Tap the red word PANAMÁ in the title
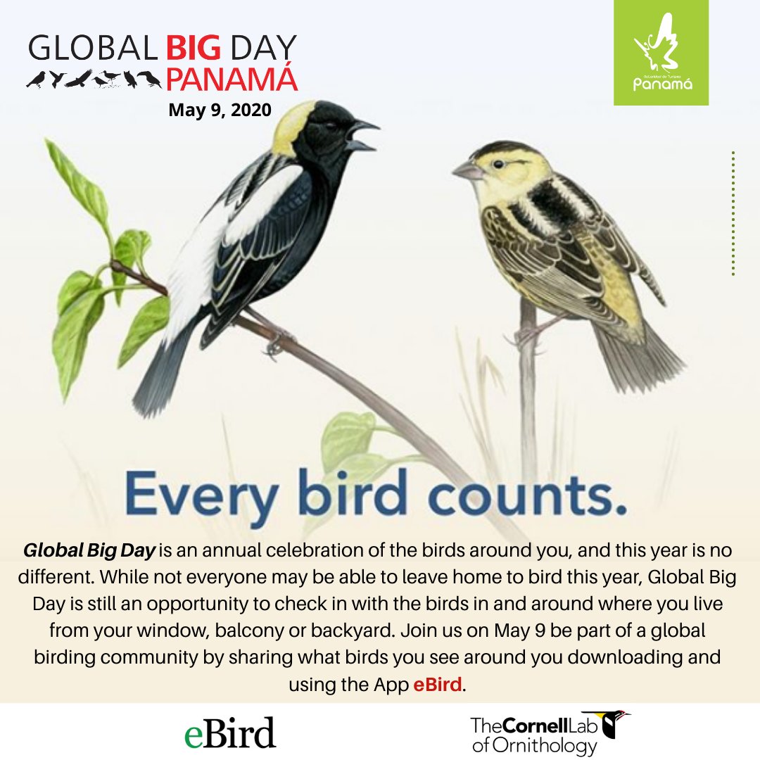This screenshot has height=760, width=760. tap(232, 80)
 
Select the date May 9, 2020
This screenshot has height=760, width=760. tap(220, 110)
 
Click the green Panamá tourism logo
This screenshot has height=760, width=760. tap(661, 53)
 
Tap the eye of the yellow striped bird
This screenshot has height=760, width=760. tap(500, 163)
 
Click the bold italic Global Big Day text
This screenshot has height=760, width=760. tap(89, 549)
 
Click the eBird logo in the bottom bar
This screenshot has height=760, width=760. tap(229, 732)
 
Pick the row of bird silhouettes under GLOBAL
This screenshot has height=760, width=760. tap(94, 79)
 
